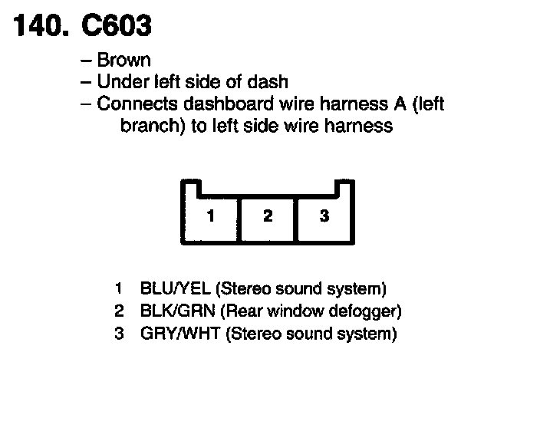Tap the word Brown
click(x=124, y=60)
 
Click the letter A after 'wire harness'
click(x=397, y=104)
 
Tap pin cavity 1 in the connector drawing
click(x=211, y=216)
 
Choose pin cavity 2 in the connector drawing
click(x=268, y=216)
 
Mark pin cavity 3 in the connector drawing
click(x=324, y=216)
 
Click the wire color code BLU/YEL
click(x=176, y=290)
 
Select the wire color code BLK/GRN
click(x=177, y=312)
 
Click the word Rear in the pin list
click(x=245, y=312)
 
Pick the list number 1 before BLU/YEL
click(x=119, y=290)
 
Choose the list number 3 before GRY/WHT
click(x=119, y=334)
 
